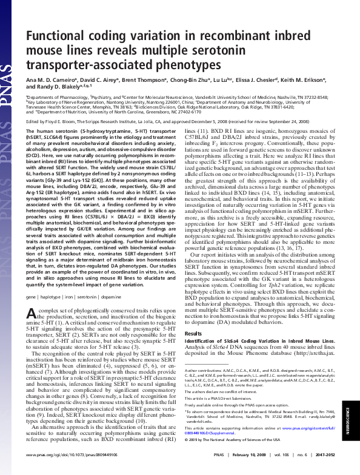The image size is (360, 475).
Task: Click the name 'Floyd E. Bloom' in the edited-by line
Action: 55,121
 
